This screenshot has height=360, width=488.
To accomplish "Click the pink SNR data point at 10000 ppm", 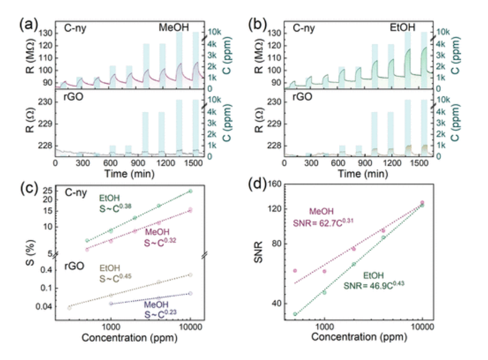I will [x=422, y=203].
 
